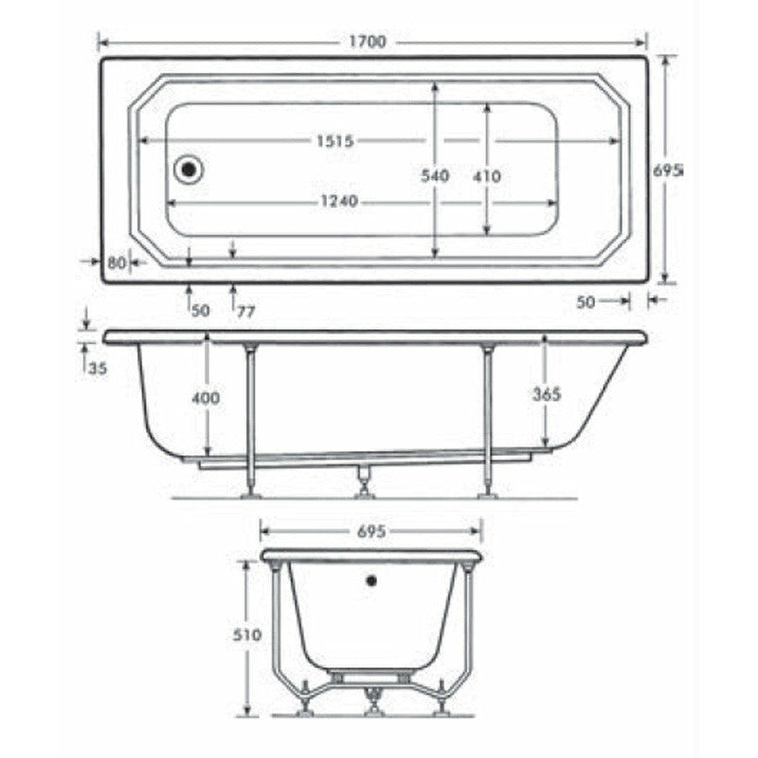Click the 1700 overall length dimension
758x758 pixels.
pyautogui.click(x=373, y=43)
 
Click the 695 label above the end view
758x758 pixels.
pyautogui.click(x=372, y=532)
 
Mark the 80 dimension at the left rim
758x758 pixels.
pyautogui.click(x=117, y=262)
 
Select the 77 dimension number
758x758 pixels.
pyautogui.click(x=245, y=310)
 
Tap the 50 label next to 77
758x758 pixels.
pyautogui.click(x=200, y=310)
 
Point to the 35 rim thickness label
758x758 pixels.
pyautogui.click(x=98, y=369)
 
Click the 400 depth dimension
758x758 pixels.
pyautogui.click(x=206, y=398)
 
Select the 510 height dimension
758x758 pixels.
pyautogui.click(x=247, y=636)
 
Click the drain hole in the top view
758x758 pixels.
pyautogui.click(x=189, y=170)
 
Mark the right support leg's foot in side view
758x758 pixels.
pyautogui.click(x=487, y=492)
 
